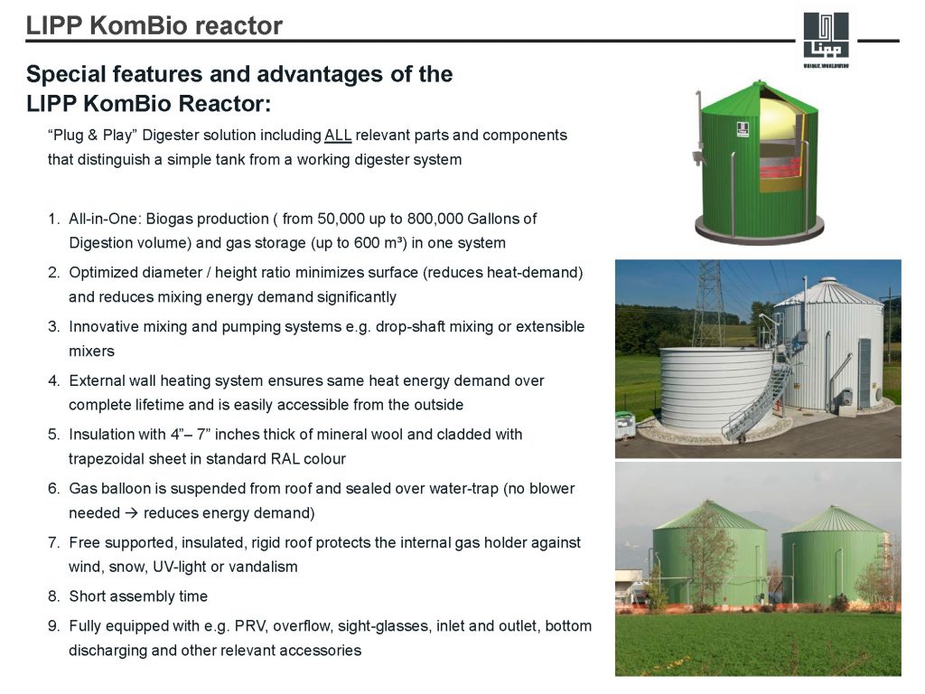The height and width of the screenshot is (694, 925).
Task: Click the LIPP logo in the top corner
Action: (x=826, y=38)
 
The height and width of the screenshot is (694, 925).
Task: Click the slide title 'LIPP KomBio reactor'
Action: (x=154, y=26)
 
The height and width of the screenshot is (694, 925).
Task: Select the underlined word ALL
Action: (x=338, y=136)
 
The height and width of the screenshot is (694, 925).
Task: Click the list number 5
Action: (x=53, y=435)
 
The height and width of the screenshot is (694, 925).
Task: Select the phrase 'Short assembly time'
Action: (x=138, y=596)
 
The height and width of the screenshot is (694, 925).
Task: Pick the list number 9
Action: (x=53, y=626)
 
